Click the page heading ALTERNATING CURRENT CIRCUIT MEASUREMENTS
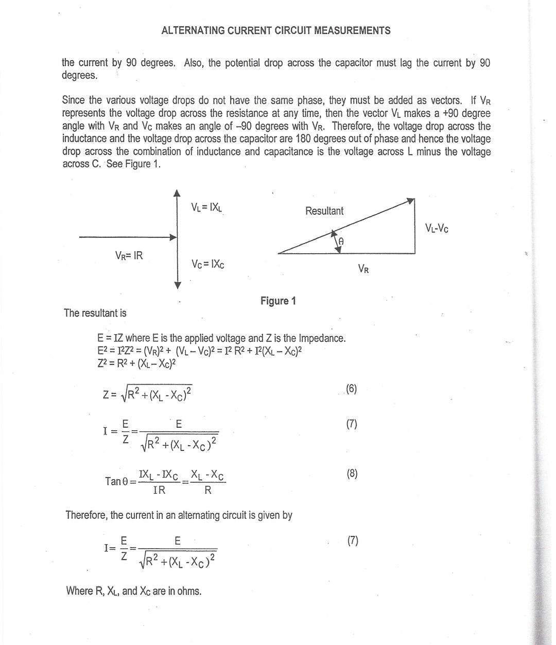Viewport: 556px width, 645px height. [275, 31]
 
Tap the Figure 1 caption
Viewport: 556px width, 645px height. [278, 301]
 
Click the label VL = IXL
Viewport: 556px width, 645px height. [206, 207]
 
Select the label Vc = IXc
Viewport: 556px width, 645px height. [207, 264]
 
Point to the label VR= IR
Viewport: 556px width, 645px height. [129, 255]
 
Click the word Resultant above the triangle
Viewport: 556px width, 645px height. [324, 211]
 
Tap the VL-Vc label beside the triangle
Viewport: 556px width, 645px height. [437, 228]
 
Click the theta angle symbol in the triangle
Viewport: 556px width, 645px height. [341, 241]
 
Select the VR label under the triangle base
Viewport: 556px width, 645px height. [363, 269]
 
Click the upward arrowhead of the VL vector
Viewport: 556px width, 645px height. [177, 193]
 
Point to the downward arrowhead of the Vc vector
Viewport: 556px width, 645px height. [178, 285]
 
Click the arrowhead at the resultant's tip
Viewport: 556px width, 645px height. [411, 200]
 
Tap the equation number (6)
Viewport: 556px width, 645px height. [351, 389]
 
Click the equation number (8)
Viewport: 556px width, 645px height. [352, 474]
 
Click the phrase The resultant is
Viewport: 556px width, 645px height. [95, 313]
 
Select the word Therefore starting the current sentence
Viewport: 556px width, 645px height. [86, 515]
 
